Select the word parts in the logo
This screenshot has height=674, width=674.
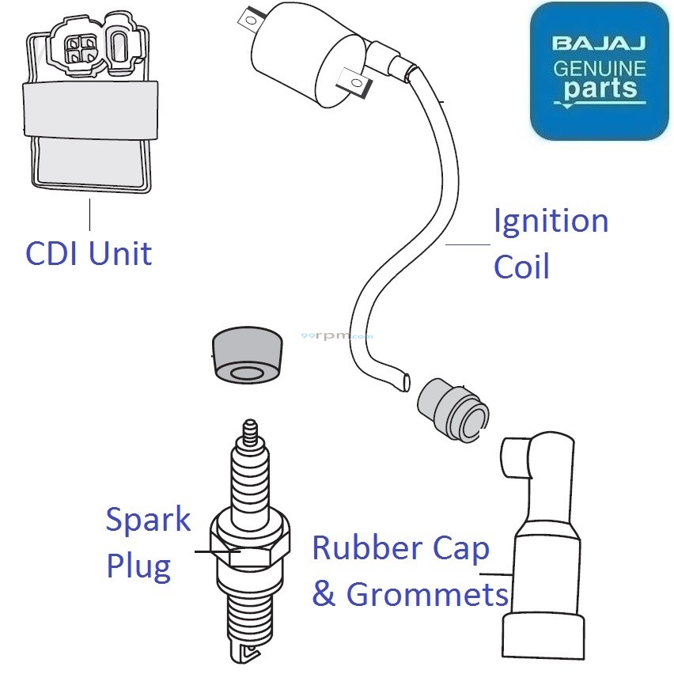pyautogui.click(x=600, y=89)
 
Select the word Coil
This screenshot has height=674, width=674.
pyautogui.click(x=521, y=267)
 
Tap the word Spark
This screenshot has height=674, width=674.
pyautogui.click(x=148, y=521)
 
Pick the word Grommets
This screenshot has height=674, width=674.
pyautogui.click(x=426, y=593)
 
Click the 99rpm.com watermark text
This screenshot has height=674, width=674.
pyautogui.click(x=337, y=335)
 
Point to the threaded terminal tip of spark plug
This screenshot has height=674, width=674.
pyautogui.click(x=251, y=433)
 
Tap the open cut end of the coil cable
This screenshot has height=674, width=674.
pyautogui.click(x=404, y=381)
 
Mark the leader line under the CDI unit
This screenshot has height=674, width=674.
pyautogui.click(x=90, y=214)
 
